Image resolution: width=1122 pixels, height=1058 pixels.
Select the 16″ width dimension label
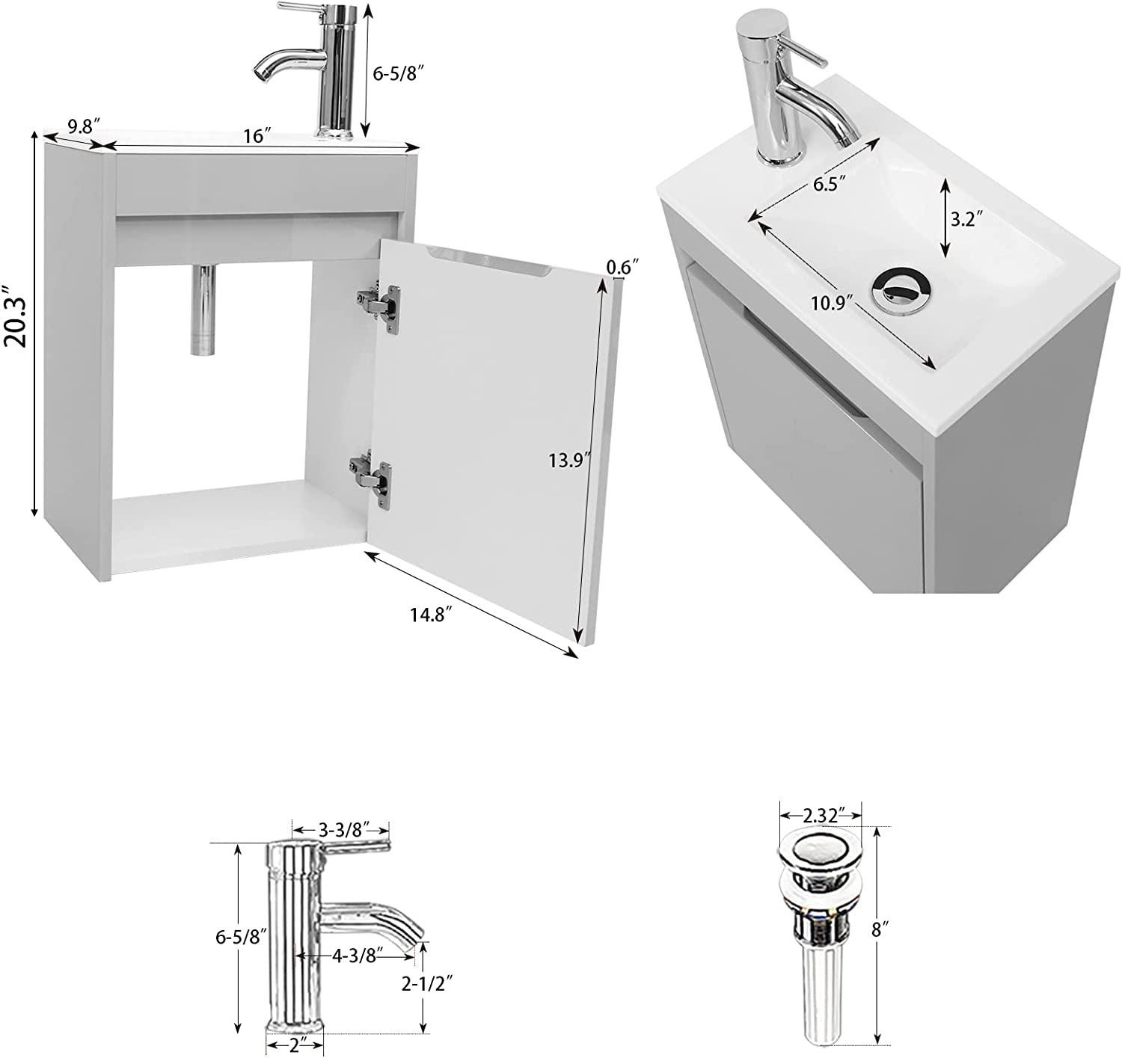(x=257, y=135)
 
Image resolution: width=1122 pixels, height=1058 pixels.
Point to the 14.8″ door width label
(x=432, y=615)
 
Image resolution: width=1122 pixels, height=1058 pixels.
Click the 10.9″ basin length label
(x=832, y=303)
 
